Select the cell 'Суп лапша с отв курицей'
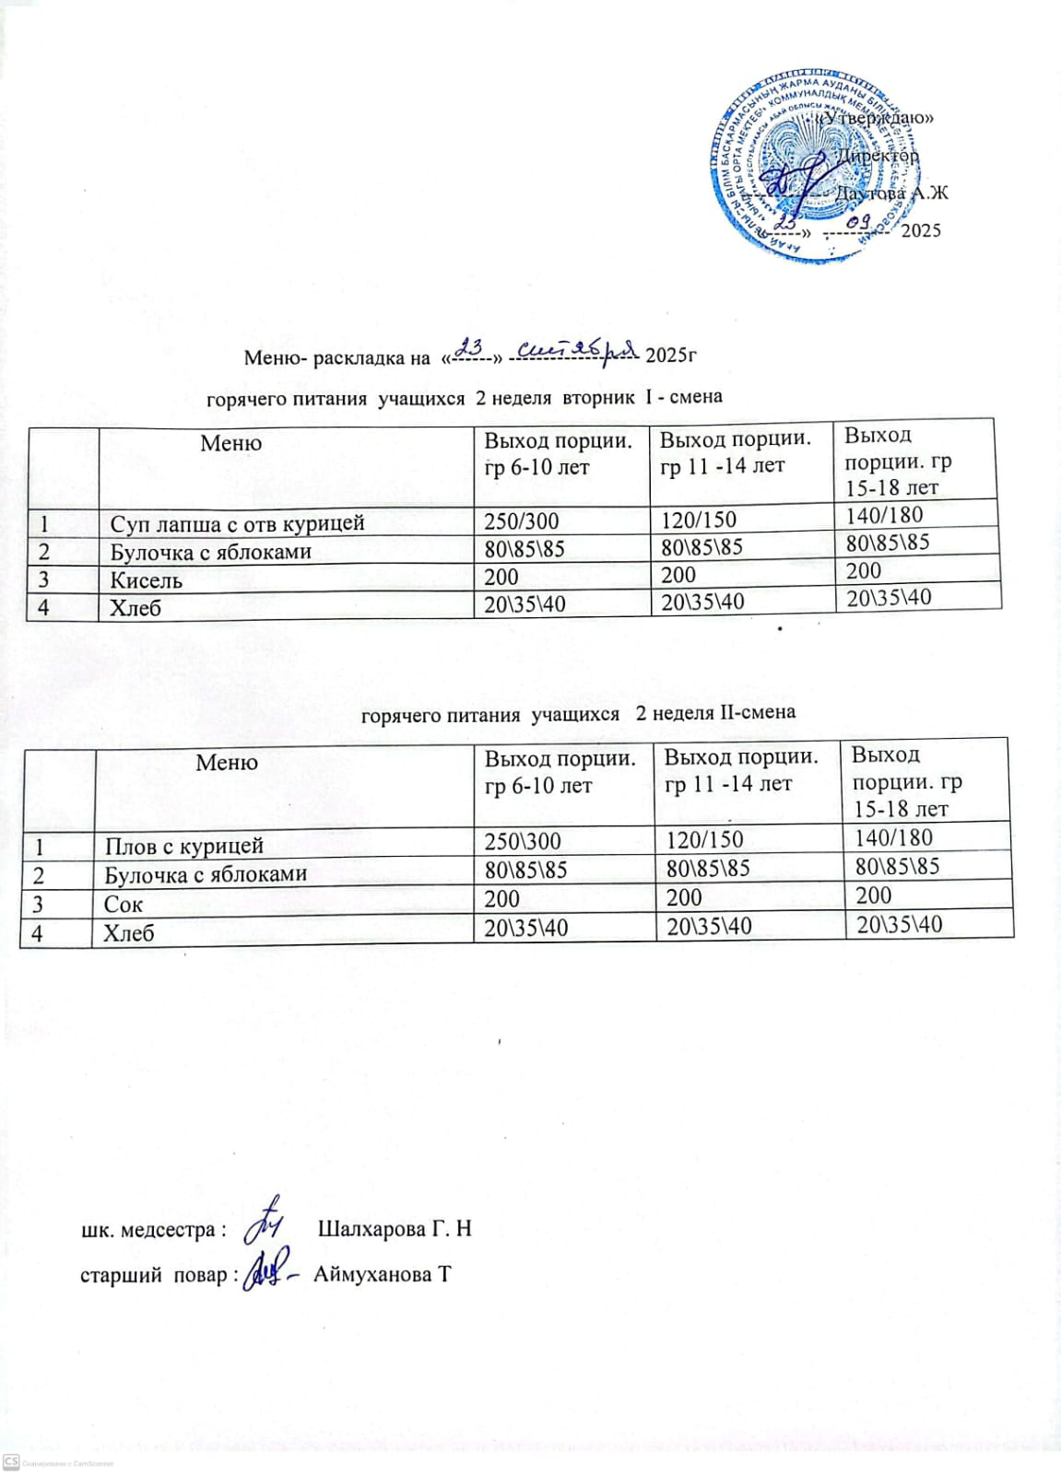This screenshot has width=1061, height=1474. [x=237, y=523]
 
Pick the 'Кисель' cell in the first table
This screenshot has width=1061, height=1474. [x=147, y=580]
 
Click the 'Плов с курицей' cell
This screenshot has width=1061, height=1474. [x=184, y=846]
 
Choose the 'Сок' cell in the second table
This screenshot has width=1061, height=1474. [x=124, y=904]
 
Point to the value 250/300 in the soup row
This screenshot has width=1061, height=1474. [x=522, y=521]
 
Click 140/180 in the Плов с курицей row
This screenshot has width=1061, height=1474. [x=893, y=837]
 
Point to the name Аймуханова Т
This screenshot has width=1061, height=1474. [x=382, y=1275]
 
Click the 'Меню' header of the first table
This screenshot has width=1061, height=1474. [x=230, y=443]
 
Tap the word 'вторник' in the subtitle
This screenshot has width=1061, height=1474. [x=599, y=397]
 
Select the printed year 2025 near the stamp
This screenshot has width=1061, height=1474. [x=921, y=230]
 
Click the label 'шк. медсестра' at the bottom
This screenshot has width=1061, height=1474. [x=148, y=1230]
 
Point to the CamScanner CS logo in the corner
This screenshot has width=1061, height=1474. [x=12, y=1462]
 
